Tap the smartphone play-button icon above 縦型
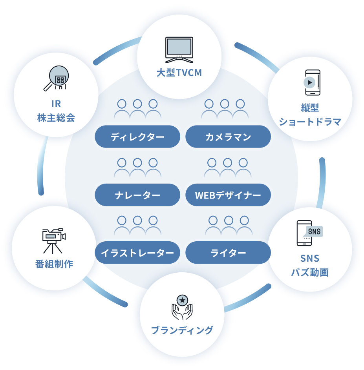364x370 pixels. click(313, 82)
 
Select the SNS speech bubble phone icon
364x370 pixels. click(309, 233)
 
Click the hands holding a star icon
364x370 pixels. click(182, 307)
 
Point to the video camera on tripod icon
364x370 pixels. click(53, 241)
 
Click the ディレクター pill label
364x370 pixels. click(137, 137)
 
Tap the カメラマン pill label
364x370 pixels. click(228, 137)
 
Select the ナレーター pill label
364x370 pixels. click(137, 195)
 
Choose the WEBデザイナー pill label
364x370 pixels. click(228, 195)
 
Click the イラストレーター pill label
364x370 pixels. click(137, 253)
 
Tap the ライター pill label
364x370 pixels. click(228, 253)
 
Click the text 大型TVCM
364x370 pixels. click(179, 73)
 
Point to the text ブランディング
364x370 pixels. click(182, 330)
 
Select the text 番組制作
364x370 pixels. click(54, 264)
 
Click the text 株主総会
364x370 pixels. click(56, 118)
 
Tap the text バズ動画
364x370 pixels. click(309, 272)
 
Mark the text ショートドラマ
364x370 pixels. click(310, 122)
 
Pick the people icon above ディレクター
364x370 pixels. click(137, 109)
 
